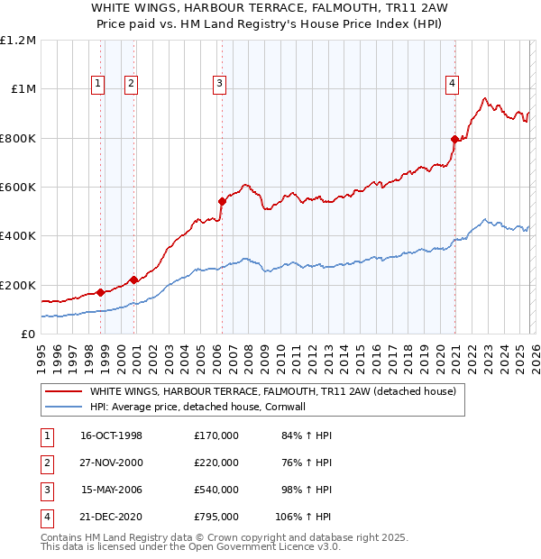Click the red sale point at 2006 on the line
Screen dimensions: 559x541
(x=222, y=201)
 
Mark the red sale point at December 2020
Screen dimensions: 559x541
(x=454, y=139)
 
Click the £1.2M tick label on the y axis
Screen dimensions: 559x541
(x=18, y=41)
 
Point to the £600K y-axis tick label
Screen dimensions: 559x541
(x=18, y=188)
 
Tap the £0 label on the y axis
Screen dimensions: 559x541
(x=28, y=334)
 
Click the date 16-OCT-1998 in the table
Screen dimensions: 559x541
(x=112, y=435)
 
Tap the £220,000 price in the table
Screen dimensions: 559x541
(x=216, y=463)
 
